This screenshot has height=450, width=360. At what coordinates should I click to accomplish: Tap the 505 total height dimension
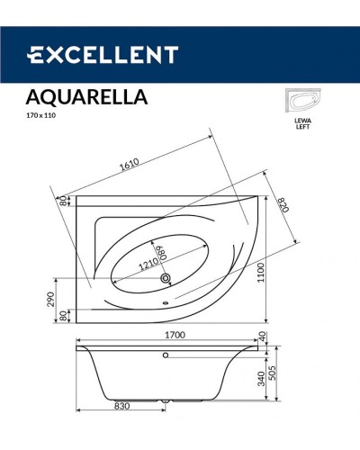pos(286,372)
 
